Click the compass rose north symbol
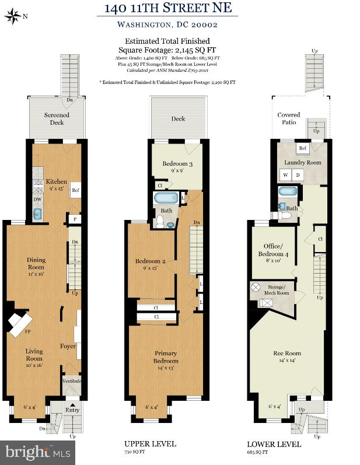tap(12, 17)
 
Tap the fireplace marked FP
tap(22, 324)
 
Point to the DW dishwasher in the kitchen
tap(36, 199)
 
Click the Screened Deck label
tap(57, 118)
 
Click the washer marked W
tap(286, 175)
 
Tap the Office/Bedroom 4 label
tap(273, 250)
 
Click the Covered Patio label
tap(288, 118)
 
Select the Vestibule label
tap(72, 381)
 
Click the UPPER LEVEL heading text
tap(150, 444)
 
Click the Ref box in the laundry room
tap(303, 148)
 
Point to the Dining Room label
tap(36, 264)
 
